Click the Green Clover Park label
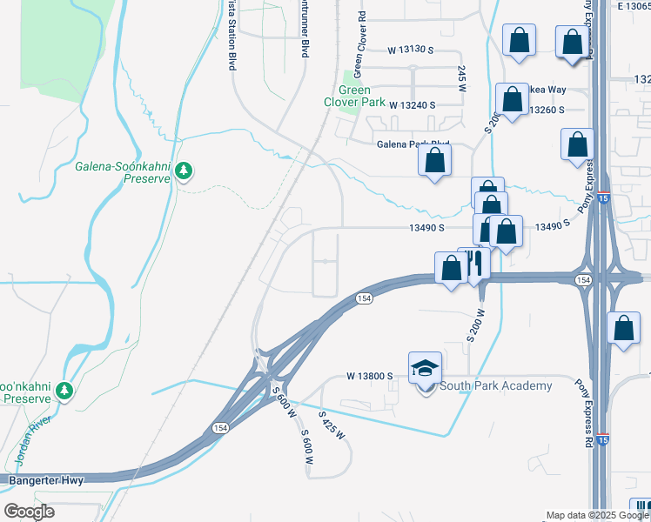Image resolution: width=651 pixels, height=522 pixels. pos(354,96)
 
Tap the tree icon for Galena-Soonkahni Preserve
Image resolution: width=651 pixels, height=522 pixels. pos(183,171)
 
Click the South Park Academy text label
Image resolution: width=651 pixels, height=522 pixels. pos(496,386)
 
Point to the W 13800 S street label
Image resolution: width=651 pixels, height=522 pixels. pos(370,376)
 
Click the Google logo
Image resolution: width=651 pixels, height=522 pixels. pos(29,512)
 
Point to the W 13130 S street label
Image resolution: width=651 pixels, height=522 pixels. pos(411,50)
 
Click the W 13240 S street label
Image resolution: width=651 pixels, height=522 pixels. pos(412,104)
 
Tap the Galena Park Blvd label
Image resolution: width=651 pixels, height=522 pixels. pos(413,145)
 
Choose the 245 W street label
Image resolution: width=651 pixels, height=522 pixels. pos(461,78)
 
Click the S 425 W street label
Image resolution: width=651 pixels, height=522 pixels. pos(332,425)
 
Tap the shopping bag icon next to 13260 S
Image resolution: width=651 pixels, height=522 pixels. pos(511,100)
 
